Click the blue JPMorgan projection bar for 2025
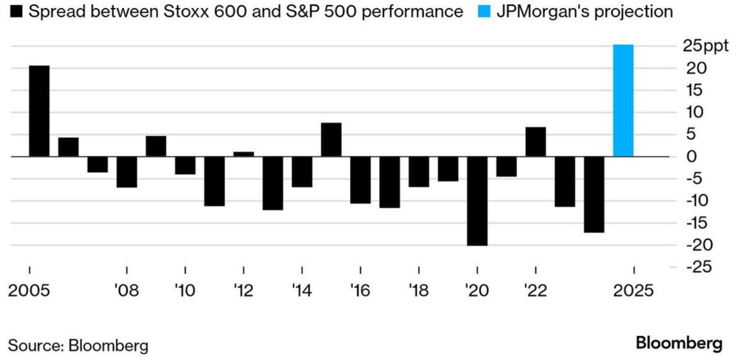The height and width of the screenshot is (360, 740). point(623,101)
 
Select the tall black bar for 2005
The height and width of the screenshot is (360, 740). point(39,111)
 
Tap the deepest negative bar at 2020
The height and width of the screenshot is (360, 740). point(477,201)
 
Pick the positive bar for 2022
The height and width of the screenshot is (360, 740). point(535,142)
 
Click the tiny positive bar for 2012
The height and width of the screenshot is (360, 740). point(244,154)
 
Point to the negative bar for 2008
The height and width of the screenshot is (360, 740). point(127,172)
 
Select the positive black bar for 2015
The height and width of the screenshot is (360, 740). point(331,140)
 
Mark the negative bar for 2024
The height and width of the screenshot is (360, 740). point(594,194)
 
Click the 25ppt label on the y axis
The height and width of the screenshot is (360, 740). point(705,46)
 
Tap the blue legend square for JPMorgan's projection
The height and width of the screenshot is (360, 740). point(485,11)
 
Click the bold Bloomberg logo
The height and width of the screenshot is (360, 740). point(679,343)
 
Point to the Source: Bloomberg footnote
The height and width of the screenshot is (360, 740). point(79,346)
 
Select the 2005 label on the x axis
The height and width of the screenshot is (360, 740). point(29,291)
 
